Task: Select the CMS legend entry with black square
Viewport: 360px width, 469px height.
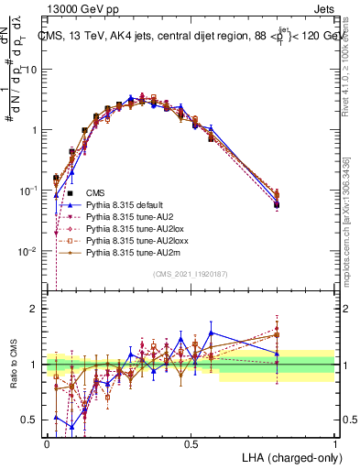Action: tap(94, 192)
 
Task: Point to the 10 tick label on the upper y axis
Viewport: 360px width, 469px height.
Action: tap(32, 70)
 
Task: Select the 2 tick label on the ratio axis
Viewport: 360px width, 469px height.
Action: tap(35, 309)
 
